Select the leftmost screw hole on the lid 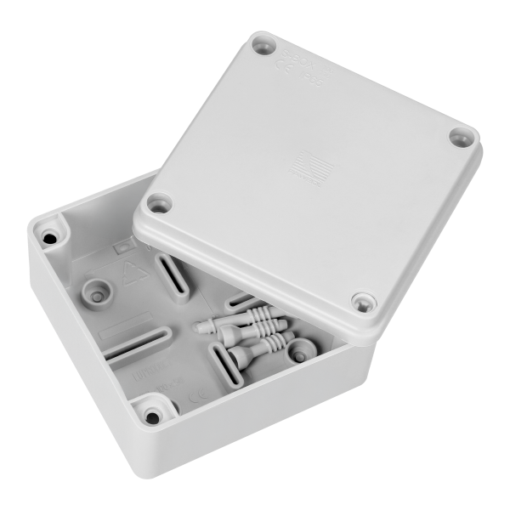click(157, 203)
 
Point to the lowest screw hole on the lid click(360, 300)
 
